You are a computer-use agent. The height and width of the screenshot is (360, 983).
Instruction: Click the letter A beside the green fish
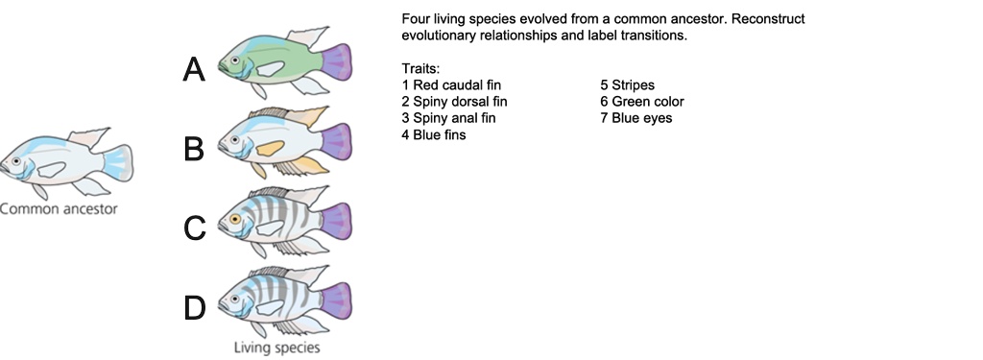(195, 69)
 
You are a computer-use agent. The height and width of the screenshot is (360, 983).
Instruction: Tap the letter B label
(195, 150)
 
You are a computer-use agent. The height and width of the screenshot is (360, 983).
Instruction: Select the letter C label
(195, 228)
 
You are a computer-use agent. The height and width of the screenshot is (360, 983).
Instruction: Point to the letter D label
(195, 308)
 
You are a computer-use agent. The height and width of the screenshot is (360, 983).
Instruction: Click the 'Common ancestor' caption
(58, 208)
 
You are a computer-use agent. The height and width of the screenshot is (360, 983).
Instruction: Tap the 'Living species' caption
(277, 348)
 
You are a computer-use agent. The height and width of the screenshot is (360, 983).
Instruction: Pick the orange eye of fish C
(235, 220)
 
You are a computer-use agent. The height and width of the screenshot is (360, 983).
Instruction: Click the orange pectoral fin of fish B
(273, 149)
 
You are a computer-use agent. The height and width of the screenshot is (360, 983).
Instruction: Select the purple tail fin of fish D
(338, 300)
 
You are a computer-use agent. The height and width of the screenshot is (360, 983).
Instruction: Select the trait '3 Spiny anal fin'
(450, 118)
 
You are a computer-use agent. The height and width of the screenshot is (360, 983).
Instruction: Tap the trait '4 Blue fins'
(434, 135)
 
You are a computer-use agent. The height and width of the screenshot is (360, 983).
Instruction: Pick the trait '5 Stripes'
(627, 84)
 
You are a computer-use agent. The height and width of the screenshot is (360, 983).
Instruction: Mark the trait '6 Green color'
(642, 101)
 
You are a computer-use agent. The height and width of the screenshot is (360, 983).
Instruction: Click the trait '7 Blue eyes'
(636, 118)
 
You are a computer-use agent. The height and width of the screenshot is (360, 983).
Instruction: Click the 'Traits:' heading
(420, 69)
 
